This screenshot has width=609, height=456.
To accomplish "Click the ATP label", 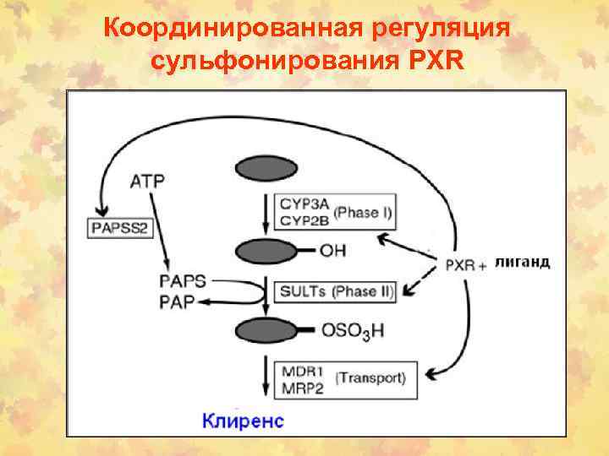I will point(149,180).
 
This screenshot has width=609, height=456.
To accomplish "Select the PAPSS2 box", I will point(121,226).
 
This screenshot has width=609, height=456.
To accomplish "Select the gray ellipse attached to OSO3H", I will point(264,330).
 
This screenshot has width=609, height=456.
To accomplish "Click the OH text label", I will point(332,251).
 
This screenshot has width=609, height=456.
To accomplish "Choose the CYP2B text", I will point(303,220).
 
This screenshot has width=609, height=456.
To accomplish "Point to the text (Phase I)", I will point(362,212).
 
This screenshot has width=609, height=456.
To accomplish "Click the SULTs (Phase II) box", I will point(336,291).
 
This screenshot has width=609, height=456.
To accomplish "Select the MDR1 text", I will point(299,371).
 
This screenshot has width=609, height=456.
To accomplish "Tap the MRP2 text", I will point(299,386).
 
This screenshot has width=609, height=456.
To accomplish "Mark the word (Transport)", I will point(370,377).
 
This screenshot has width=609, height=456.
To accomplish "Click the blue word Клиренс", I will point(244,419).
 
